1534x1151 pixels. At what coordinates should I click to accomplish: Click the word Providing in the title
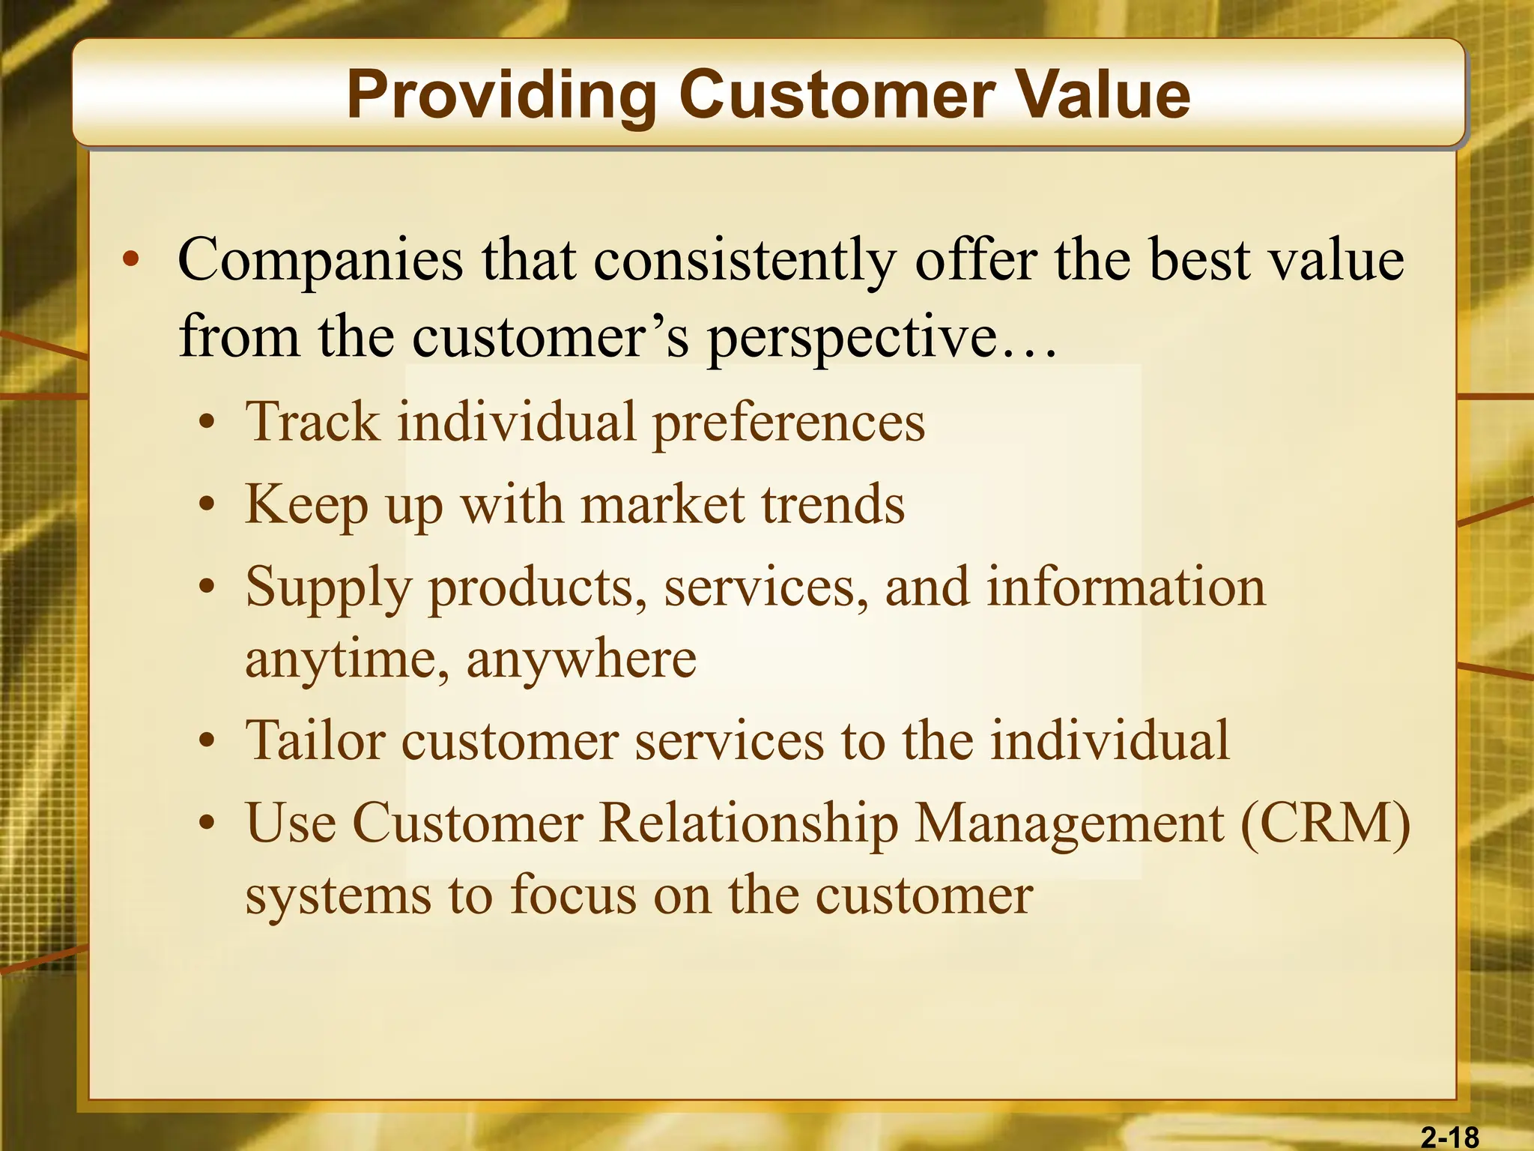(x=501, y=97)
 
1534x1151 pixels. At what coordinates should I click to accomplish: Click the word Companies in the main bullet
(x=321, y=260)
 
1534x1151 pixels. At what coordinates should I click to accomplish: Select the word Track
(x=312, y=421)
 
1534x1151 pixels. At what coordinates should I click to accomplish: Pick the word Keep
(x=306, y=505)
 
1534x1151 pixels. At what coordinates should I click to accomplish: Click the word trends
(x=833, y=504)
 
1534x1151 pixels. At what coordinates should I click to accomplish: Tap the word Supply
(x=328, y=588)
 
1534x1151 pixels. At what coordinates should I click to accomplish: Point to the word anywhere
(x=581, y=659)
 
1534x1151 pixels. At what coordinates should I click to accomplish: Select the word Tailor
(x=315, y=740)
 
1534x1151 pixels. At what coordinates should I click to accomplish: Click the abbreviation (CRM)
(x=1325, y=823)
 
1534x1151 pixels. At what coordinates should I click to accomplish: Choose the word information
(x=1126, y=587)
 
